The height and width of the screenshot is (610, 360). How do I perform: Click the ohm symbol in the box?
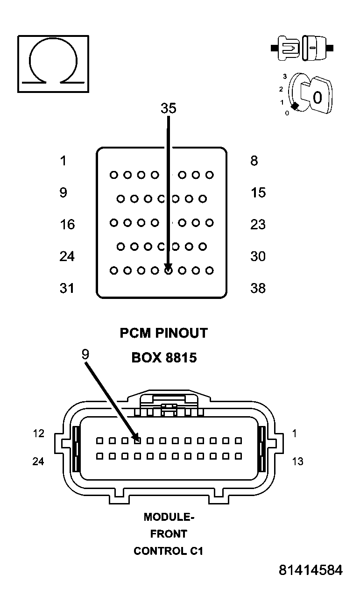tap(53, 64)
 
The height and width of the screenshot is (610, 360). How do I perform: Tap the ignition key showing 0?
tap(315, 96)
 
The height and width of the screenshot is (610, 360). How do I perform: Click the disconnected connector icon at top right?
tap(302, 48)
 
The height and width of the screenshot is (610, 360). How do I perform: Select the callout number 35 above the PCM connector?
tap(168, 108)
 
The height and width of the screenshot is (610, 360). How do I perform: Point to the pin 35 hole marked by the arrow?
tap(169, 270)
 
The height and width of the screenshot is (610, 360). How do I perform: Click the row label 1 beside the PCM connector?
tap(63, 161)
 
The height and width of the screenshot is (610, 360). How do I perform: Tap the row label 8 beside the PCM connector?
tap(254, 161)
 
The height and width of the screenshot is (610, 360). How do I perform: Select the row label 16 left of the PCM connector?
tap(67, 225)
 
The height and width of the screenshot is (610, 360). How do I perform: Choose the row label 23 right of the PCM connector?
tap(258, 225)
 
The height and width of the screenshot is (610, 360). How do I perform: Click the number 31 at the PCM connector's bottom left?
tap(67, 288)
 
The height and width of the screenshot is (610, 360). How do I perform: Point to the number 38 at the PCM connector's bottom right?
tap(258, 288)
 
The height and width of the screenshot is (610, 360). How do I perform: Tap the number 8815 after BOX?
tap(180, 358)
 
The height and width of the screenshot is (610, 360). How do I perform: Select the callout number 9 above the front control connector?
tap(85, 355)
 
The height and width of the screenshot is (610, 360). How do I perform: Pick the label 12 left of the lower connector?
tap(38, 433)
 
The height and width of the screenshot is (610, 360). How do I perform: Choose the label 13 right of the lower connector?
tap(297, 461)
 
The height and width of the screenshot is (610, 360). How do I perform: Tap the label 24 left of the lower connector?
tap(38, 461)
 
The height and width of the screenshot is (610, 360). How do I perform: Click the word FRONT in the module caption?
tap(169, 534)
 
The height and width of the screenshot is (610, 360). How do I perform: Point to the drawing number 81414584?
tap(311, 570)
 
